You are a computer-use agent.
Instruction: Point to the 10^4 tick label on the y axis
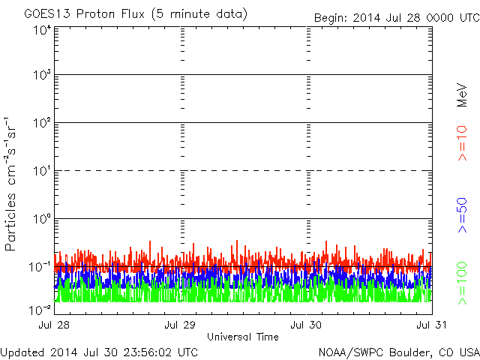click(x=41, y=30)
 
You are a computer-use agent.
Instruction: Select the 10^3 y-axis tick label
click(x=41, y=76)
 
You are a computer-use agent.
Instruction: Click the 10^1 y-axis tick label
click(x=41, y=172)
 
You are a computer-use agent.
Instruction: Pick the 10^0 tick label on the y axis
click(x=41, y=220)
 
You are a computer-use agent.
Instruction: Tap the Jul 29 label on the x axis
click(x=181, y=325)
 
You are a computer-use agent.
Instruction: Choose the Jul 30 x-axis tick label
click(x=306, y=325)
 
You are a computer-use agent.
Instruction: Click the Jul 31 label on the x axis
click(x=430, y=325)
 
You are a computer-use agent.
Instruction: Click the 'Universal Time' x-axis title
click(x=243, y=337)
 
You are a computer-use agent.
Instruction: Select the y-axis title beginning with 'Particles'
click(x=13, y=184)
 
